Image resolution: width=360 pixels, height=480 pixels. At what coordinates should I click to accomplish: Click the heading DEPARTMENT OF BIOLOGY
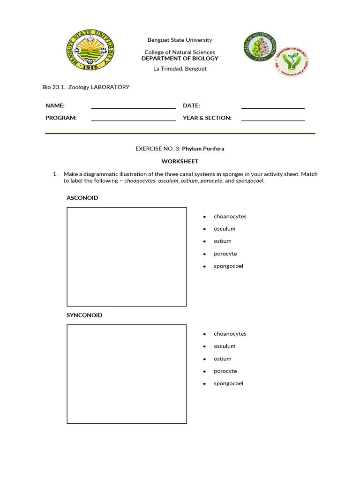pyautogui.click(x=180, y=59)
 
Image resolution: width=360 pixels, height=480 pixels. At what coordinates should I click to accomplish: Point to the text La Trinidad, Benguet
pyautogui.click(x=180, y=68)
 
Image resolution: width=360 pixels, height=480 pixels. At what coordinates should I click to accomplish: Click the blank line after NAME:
pyautogui.click(x=133, y=107)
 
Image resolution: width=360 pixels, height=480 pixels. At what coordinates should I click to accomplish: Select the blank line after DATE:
pyautogui.click(x=273, y=107)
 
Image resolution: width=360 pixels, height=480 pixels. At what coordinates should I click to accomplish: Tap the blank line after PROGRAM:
pyautogui.click(x=133, y=120)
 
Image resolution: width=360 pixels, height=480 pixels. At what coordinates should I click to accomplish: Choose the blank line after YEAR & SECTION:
pyautogui.click(x=273, y=120)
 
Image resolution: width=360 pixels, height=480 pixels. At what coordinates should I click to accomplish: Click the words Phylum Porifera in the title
pyautogui.click(x=203, y=149)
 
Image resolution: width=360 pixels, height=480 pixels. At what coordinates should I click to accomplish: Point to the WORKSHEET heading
pyautogui.click(x=180, y=161)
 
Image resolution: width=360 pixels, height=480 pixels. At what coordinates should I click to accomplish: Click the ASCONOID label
pyautogui.click(x=82, y=198)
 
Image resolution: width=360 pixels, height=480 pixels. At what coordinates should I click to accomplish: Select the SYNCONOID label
pyautogui.click(x=84, y=315)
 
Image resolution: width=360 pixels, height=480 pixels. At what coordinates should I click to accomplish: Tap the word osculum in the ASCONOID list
pyautogui.click(x=225, y=229)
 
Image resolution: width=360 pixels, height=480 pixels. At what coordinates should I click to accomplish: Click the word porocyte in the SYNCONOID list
pyautogui.click(x=225, y=371)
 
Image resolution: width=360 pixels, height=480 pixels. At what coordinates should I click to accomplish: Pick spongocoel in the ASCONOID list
pyautogui.click(x=228, y=266)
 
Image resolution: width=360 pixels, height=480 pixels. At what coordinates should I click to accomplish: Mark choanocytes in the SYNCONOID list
pyautogui.click(x=230, y=334)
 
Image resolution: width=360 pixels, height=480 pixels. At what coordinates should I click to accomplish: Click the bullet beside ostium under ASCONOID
pyautogui.click(x=205, y=241)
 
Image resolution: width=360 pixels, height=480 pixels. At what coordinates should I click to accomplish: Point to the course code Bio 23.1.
pyautogui.click(x=53, y=87)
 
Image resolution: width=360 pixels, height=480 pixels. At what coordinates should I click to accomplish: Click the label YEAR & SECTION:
pyautogui.click(x=207, y=118)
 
